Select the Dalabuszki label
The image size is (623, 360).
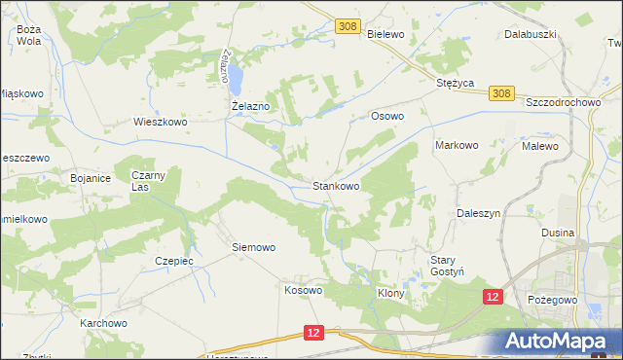click(530, 34)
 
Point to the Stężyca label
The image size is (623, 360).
click(455, 84)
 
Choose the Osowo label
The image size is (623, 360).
click(387, 116)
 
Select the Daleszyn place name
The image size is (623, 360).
click(478, 212)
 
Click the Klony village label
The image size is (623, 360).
click(390, 292)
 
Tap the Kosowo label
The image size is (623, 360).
click(303, 290)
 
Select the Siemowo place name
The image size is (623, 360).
click(253, 247)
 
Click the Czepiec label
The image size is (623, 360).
click(175, 261)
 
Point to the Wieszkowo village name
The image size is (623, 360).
click(160, 123)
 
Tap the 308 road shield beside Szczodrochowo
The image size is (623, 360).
click(500, 93)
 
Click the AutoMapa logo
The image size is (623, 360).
click(561, 341)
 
